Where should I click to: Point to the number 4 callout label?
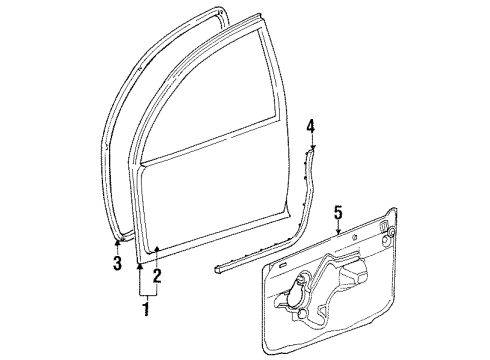[311, 126]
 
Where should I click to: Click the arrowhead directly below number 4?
[311, 148]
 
